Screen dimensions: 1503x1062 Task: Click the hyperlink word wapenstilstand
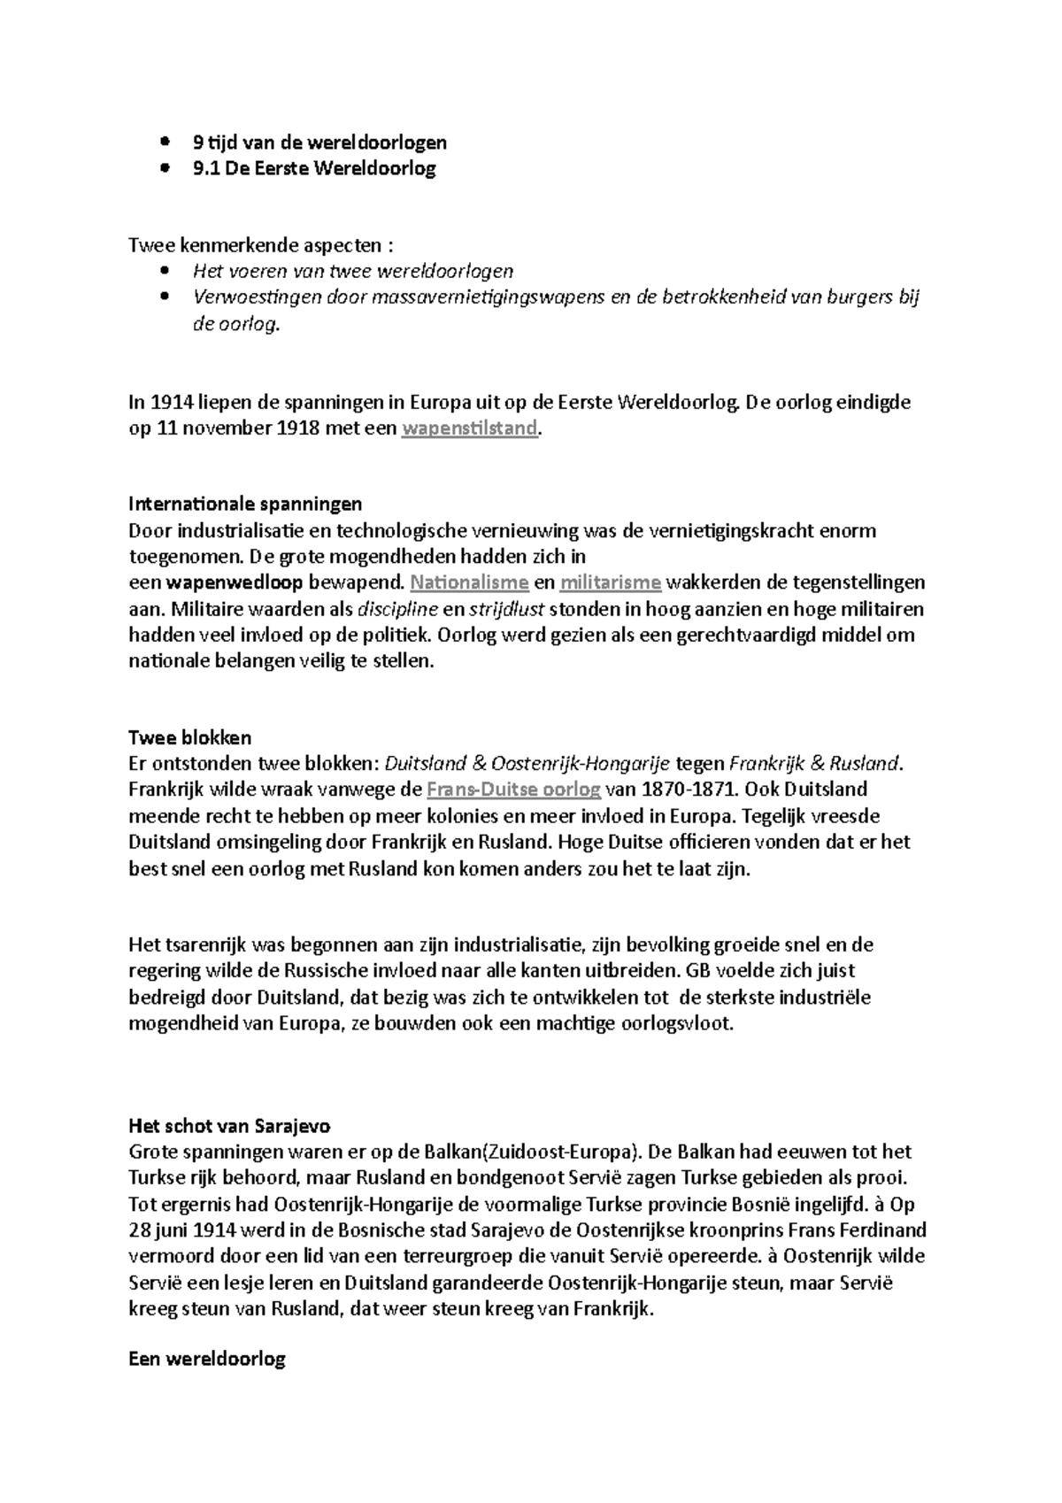click(x=469, y=428)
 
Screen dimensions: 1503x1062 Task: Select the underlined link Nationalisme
click(x=469, y=582)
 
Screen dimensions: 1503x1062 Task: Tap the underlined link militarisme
click(x=611, y=582)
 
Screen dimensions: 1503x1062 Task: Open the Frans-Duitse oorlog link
click(x=513, y=789)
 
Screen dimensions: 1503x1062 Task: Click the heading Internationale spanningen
click(x=245, y=505)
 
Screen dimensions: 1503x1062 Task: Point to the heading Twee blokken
click(x=190, y=737)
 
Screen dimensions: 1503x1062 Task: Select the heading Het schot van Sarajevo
click(x=229, y=1127)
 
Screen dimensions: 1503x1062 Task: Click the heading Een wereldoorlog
click(x=207, y=1359)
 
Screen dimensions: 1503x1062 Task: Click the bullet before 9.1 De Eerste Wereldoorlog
click(x=165, y=168)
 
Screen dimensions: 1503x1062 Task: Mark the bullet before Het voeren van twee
click(x=165, y=271)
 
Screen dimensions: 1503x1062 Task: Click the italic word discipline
click(x=397, y=609)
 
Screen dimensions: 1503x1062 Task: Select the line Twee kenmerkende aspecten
click(x=261, y=245)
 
